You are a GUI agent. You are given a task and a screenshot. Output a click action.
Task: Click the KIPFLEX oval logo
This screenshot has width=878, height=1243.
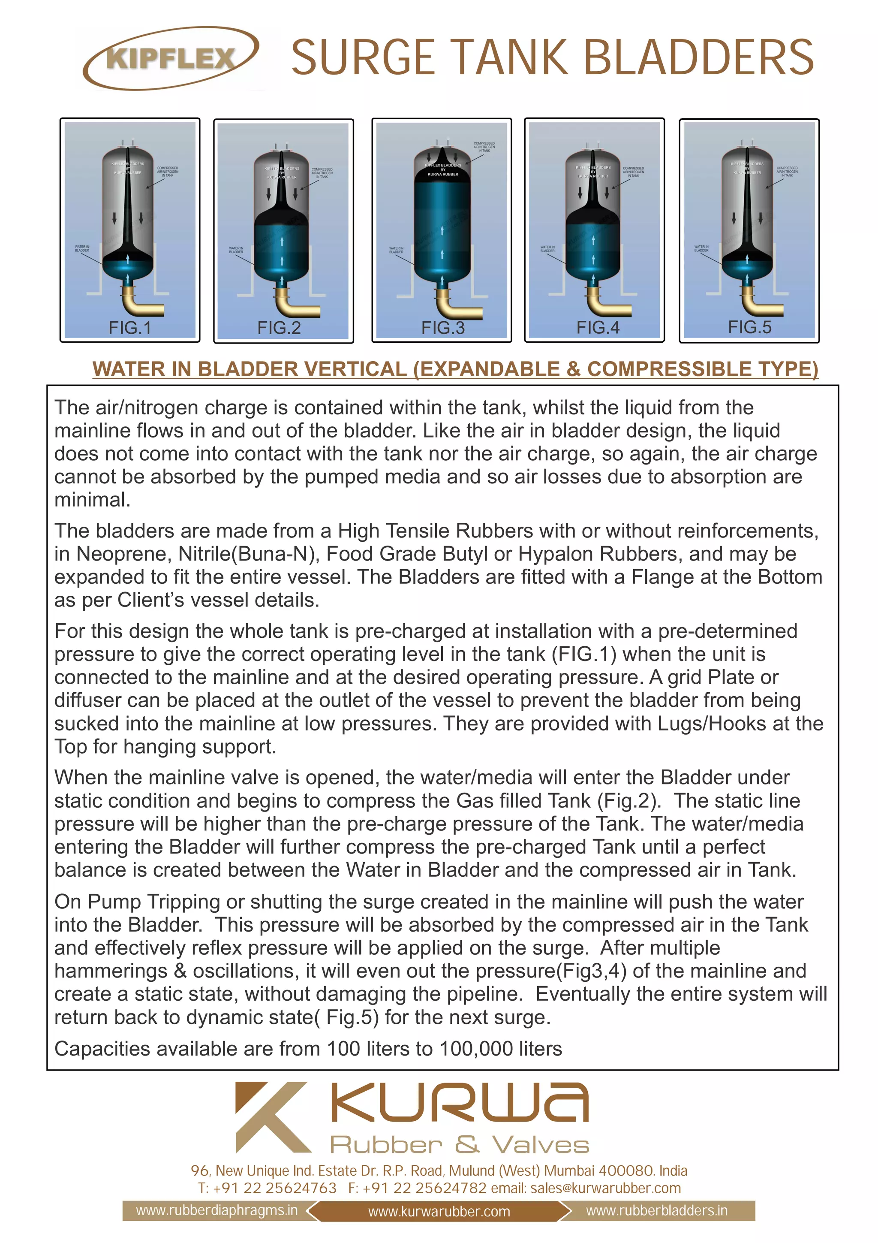point(170,58)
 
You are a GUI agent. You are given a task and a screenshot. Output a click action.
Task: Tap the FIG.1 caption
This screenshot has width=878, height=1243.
point(130,328)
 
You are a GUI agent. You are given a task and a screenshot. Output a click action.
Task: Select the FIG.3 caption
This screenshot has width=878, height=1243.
point(442,328)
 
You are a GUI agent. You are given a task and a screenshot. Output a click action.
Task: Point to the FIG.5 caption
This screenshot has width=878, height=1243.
point(749,327)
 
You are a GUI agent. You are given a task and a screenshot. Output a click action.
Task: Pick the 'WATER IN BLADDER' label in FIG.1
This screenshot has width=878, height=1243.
point(82,248)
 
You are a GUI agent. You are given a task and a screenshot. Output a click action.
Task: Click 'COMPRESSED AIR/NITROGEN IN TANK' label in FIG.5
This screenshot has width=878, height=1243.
point(787,172)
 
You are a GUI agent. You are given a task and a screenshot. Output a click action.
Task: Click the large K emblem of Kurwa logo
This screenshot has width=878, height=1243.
point(273,1117)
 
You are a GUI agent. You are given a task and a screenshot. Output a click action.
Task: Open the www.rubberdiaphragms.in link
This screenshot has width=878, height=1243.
point(216,1210)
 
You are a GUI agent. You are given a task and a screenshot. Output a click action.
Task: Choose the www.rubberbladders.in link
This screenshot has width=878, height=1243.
point(656,1210)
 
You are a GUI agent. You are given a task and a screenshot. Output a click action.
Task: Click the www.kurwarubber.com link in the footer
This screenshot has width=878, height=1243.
point(439,1212)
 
